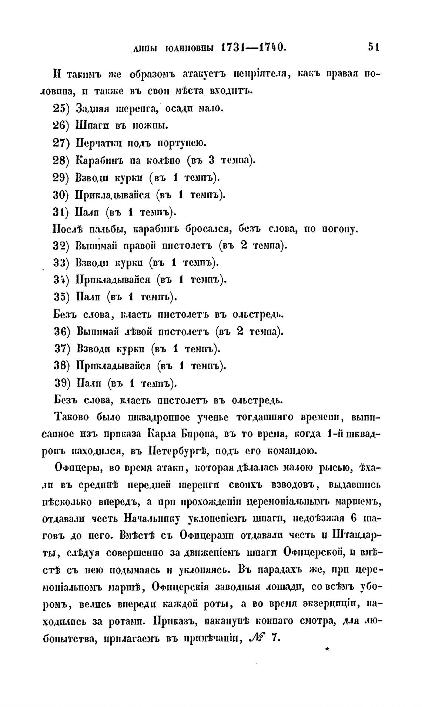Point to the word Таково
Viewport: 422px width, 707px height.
click(73, 417)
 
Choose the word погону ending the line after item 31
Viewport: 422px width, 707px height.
click(336, 229)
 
